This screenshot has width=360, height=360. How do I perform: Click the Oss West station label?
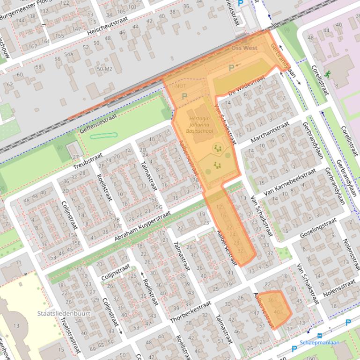click(x=244, y=48)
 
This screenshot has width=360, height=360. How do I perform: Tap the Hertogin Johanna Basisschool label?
click(x=201, y=125)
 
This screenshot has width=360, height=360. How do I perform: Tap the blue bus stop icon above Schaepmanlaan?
click(x=320, y=335)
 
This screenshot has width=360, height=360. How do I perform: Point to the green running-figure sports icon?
click(x=327, y=73)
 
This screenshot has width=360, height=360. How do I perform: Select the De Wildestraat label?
click(x=247, y=87)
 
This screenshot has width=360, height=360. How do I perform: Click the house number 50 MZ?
click(x=104, y=69)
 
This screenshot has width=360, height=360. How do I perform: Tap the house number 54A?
click(x=69, y=55)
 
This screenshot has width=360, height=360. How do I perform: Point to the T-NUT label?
click(x=179, y=86)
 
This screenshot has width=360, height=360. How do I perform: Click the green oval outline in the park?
click(x=103, y=136)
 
